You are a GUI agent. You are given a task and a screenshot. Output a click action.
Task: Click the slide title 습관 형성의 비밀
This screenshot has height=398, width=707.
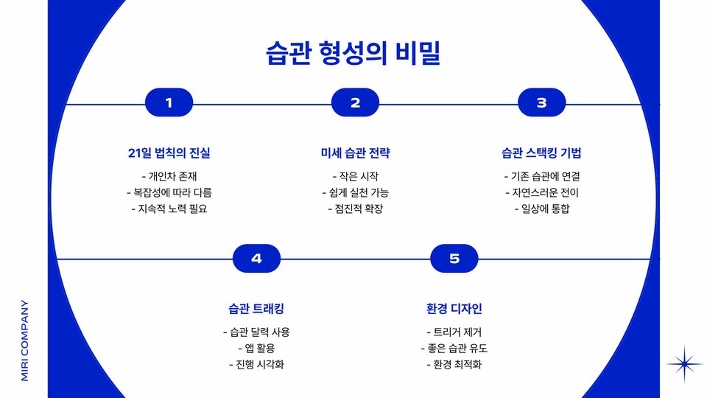pyautogui.click(x=353, y=54)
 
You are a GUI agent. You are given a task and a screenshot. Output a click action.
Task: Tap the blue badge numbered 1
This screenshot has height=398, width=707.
pyautogui.click(x=169, y=103)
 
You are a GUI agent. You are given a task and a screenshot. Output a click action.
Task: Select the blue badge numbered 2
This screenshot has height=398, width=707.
pyautogui.click(x=355, y=103)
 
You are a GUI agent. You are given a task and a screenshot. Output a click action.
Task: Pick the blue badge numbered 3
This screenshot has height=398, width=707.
pyautogui.click(x=541, y=103)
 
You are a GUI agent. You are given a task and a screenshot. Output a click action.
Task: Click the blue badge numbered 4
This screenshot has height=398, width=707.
pyautogui.click(x=256, y=258)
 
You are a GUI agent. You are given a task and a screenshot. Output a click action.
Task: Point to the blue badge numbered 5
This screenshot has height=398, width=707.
pyautogui.click(x=454, y=258)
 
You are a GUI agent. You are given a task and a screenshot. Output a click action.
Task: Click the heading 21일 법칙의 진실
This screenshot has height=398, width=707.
pyautogui.click(x=169, y=153)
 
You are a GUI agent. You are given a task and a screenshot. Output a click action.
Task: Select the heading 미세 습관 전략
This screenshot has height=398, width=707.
pyautogui.click(x=355, y=153)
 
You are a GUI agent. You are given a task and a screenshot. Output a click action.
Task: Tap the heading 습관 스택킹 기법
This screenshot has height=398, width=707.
pyautogui.click(x=541, y=153)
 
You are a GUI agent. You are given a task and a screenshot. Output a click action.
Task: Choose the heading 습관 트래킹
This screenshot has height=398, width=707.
pyautogui.click(x=256, y=308)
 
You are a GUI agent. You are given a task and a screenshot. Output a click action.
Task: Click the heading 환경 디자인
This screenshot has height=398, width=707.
pyautogui.click(x=454, y=308)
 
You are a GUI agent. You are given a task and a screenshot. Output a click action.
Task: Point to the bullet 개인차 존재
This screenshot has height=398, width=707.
pyautogui.click(x=169, y=176)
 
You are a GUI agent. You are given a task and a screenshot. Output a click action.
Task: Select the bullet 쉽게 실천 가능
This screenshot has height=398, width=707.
pyautogui.click(x=355, y=192)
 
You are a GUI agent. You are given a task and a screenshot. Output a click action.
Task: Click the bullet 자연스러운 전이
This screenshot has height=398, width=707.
pyautogui.click(x=541, y=192)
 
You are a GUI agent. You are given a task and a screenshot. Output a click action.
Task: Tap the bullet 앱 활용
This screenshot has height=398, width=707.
pyautogui.click(x=256, y=348)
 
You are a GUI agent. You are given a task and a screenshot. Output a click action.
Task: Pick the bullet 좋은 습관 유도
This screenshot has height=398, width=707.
pyautogui.click(x=454, y=348)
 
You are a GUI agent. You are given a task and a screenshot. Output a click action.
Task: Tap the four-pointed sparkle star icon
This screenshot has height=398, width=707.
pyautogui.click(x=684, y=363)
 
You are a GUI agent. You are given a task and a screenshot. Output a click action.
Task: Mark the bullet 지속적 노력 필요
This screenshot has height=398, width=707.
pyautogui.click(x=169, y=209)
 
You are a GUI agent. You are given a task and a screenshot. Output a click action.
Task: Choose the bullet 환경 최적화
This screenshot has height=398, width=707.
pyautogui.click(x=454, y=364)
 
